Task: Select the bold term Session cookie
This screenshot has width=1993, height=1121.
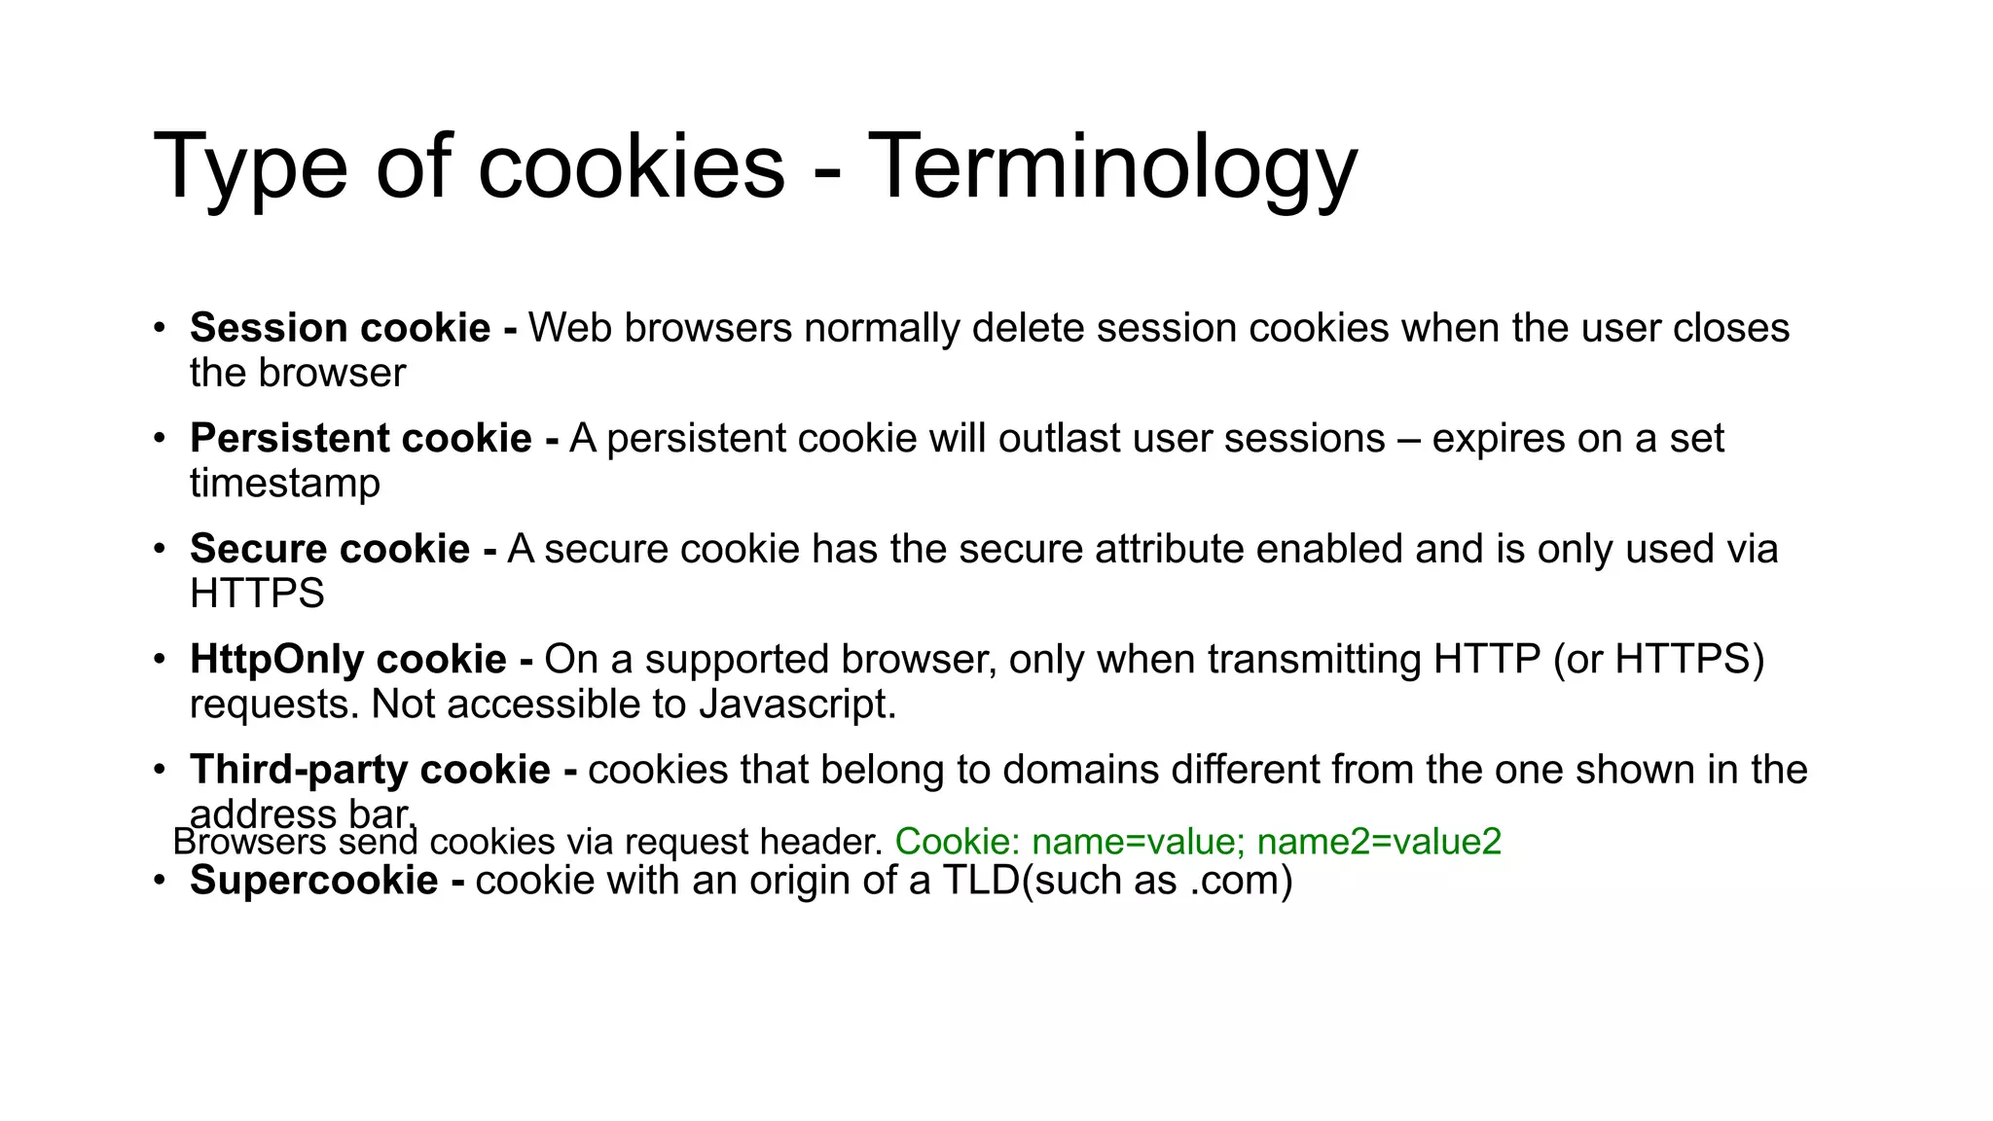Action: point(340,328)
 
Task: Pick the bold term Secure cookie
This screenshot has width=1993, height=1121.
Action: point(330,549)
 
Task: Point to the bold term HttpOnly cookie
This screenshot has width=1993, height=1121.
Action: point(347,660)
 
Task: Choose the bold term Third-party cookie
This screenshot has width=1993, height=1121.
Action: point(370,770)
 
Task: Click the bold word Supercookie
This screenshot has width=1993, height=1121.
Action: point(313,881)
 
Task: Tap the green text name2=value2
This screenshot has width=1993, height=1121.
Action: point(1379,842)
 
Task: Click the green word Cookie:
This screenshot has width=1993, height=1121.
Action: point(957,842)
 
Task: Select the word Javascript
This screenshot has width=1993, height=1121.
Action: point(797,705)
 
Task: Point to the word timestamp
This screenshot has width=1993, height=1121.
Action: point(284,484)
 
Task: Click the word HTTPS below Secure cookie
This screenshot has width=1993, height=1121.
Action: point(257,594)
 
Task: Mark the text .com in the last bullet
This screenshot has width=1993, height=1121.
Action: point(1233,882)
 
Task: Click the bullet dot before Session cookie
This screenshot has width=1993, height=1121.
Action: point(159,328)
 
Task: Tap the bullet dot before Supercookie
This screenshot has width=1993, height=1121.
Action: point(159,881)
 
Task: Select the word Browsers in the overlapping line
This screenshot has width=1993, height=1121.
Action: point(249,842)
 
